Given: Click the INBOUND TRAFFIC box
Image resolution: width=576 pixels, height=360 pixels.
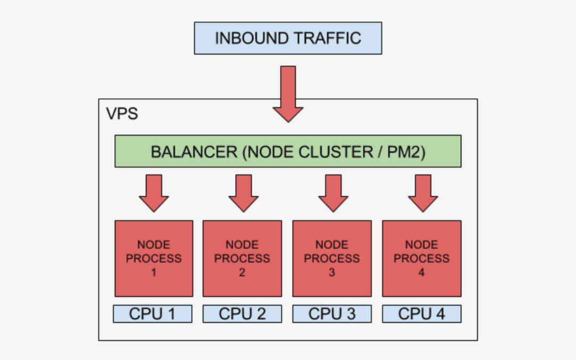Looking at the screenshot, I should point(287,38).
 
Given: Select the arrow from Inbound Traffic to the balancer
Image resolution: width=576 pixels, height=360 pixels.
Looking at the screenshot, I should point(287,93).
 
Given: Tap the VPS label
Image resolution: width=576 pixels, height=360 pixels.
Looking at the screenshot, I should point(122,114).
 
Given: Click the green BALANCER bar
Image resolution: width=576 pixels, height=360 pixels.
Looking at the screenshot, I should point(287,151).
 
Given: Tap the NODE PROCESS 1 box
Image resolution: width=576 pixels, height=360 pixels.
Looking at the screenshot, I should point(154,258).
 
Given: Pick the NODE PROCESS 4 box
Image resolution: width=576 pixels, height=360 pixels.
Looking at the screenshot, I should point(422,258).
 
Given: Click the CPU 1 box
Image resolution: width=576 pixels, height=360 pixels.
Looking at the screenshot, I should point(153,314).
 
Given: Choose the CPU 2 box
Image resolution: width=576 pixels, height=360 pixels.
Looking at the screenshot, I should point(242,314).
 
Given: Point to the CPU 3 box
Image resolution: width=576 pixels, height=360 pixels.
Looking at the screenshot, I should point(332,314).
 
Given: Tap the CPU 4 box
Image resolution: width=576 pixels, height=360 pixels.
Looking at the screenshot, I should point(422,314).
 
